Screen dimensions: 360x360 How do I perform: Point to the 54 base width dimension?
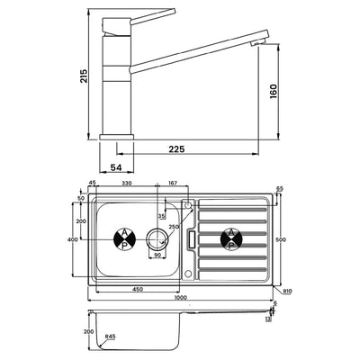tap(116, 167)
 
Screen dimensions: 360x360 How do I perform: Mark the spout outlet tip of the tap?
tap(264, 42)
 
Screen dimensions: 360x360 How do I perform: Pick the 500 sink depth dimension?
tap(280, 239)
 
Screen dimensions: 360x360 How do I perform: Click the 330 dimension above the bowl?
tap(128, 184)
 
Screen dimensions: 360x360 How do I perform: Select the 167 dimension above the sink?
tap(172, 184)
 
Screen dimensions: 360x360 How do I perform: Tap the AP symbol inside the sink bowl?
tap(123, 239)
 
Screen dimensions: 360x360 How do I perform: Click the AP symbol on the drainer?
tap(232, 239)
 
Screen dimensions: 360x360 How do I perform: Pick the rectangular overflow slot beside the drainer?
tap(191, 240)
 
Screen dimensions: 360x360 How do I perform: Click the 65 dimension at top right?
tap(279, 189)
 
